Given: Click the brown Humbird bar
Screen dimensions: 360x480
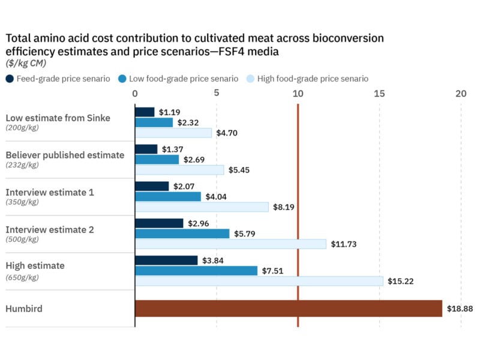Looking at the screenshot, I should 288,308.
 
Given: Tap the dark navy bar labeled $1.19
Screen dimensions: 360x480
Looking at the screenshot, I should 145,112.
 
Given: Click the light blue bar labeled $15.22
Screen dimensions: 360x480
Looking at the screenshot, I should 259,281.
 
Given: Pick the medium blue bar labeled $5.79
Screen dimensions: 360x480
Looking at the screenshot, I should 182,234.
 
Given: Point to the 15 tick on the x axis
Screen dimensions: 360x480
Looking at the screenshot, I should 379,94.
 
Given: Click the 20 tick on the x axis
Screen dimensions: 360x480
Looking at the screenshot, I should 460,94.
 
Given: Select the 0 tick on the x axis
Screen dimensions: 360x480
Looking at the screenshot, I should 135,94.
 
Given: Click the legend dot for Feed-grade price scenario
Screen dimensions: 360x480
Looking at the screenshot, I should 10,79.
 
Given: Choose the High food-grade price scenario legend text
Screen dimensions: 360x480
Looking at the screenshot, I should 313,79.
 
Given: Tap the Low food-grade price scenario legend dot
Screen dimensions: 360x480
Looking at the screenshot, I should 122,79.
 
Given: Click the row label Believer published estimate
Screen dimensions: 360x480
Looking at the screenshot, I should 65,155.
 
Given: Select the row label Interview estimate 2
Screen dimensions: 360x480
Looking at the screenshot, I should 50,229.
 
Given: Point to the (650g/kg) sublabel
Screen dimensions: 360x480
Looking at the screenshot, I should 22,277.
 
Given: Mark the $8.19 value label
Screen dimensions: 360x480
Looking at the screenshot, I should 284,207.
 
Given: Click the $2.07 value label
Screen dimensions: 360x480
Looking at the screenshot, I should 184,186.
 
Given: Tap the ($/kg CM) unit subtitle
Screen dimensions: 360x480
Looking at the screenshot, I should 26,63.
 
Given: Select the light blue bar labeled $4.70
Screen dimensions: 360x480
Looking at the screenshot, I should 173,133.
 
